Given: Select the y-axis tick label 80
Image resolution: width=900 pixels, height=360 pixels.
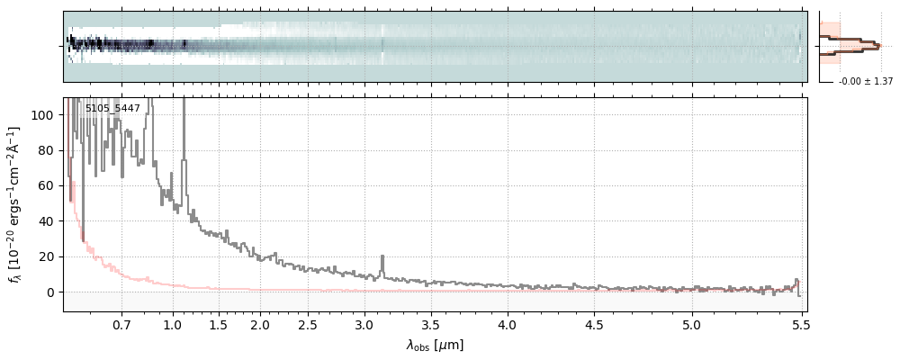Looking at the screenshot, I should (x=47, y=150).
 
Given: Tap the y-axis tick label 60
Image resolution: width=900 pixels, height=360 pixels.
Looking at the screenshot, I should (x=47, y=185).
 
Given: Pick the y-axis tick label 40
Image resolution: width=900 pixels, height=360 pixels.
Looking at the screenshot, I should (x=47, y=221).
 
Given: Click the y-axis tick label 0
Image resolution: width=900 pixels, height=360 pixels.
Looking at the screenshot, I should (x=50, y=292).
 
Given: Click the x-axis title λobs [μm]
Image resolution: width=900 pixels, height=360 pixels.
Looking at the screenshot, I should (x=435, y=345).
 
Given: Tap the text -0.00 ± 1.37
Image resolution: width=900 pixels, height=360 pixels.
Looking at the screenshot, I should (x=865, y=82).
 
